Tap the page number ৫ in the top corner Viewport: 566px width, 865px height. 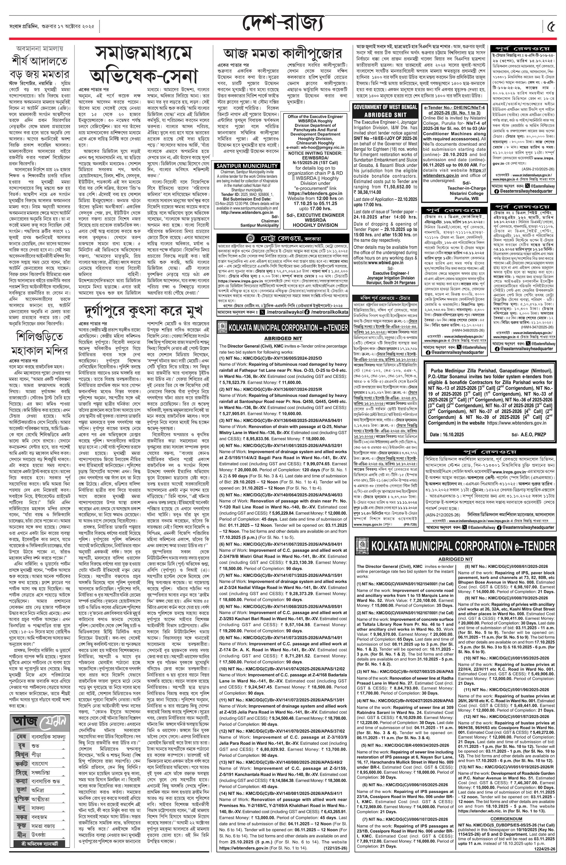(x=551, y=26)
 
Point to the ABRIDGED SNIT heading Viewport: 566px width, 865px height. (x=385, y=114)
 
